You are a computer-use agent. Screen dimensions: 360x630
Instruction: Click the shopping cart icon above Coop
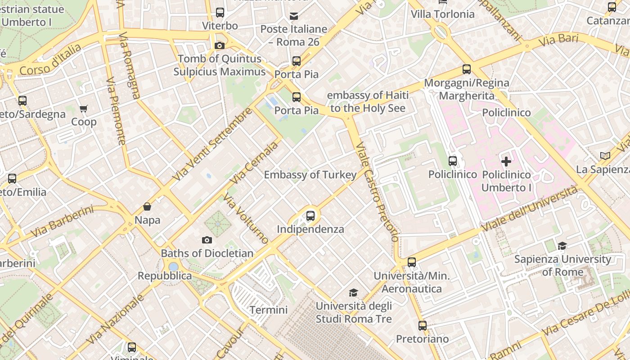coord(84,108)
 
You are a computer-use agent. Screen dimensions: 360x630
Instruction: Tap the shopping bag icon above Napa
coord(147,207)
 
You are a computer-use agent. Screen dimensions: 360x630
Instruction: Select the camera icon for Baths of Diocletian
coord(207,240)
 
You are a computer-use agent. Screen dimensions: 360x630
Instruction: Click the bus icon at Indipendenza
coord(310,216)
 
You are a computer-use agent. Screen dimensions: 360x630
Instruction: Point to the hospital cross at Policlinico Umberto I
coord(506,161)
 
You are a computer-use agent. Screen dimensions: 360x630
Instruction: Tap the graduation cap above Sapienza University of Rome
coord(562,246)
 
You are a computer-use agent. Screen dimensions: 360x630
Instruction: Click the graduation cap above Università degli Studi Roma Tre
coord(353,293)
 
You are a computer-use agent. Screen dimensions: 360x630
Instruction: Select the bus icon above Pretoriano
coord(422,325)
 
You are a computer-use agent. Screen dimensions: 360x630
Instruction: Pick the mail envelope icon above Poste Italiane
coord(294,16)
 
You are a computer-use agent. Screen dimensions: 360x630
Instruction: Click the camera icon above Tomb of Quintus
coord(220,45)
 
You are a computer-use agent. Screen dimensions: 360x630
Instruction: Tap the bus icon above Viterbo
coord(220,13)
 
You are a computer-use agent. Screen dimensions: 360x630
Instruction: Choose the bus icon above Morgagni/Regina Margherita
coord(467,69)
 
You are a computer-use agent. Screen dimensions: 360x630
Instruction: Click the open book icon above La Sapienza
coord(605,156)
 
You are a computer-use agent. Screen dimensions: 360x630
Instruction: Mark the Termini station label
coord(269,310)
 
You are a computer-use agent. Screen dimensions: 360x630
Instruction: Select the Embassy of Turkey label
coord(310,175)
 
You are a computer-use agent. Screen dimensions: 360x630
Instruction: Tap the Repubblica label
coord(165,275)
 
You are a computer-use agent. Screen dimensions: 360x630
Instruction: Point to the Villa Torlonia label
coord(443,14)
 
